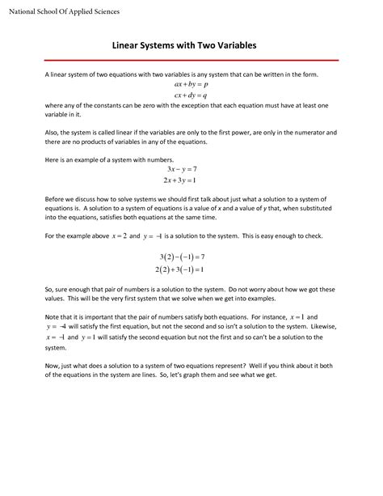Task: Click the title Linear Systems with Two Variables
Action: [191, 47]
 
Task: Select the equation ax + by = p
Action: [191, 84]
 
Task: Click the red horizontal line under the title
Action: [191, 60]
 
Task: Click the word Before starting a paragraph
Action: [57, 198]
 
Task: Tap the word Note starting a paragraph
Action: [52, 316]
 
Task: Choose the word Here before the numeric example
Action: [52, 159]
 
